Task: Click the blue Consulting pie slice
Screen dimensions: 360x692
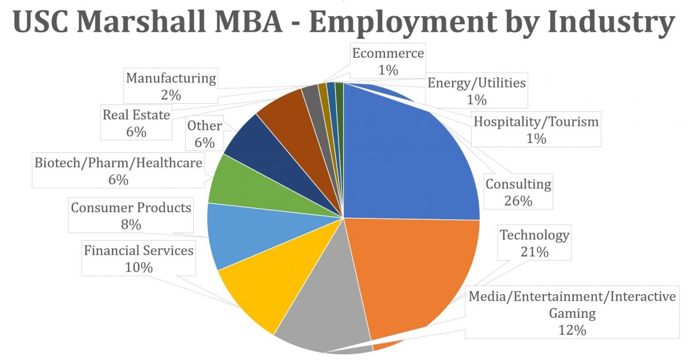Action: click(x=409, y=156)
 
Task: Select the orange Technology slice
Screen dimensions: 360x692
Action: click(x=415, y=271)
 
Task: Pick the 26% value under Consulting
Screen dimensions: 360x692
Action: click(x=518, y=201)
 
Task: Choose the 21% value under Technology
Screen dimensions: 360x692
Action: click(x=534, y=252)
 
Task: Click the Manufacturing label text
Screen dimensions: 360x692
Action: click(x=171, y=78)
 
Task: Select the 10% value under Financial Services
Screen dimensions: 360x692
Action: click(x=138, y=267)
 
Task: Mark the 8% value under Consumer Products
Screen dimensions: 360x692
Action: click(x=131, y=224)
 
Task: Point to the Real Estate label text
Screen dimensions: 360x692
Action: click(x=136, y=115)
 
